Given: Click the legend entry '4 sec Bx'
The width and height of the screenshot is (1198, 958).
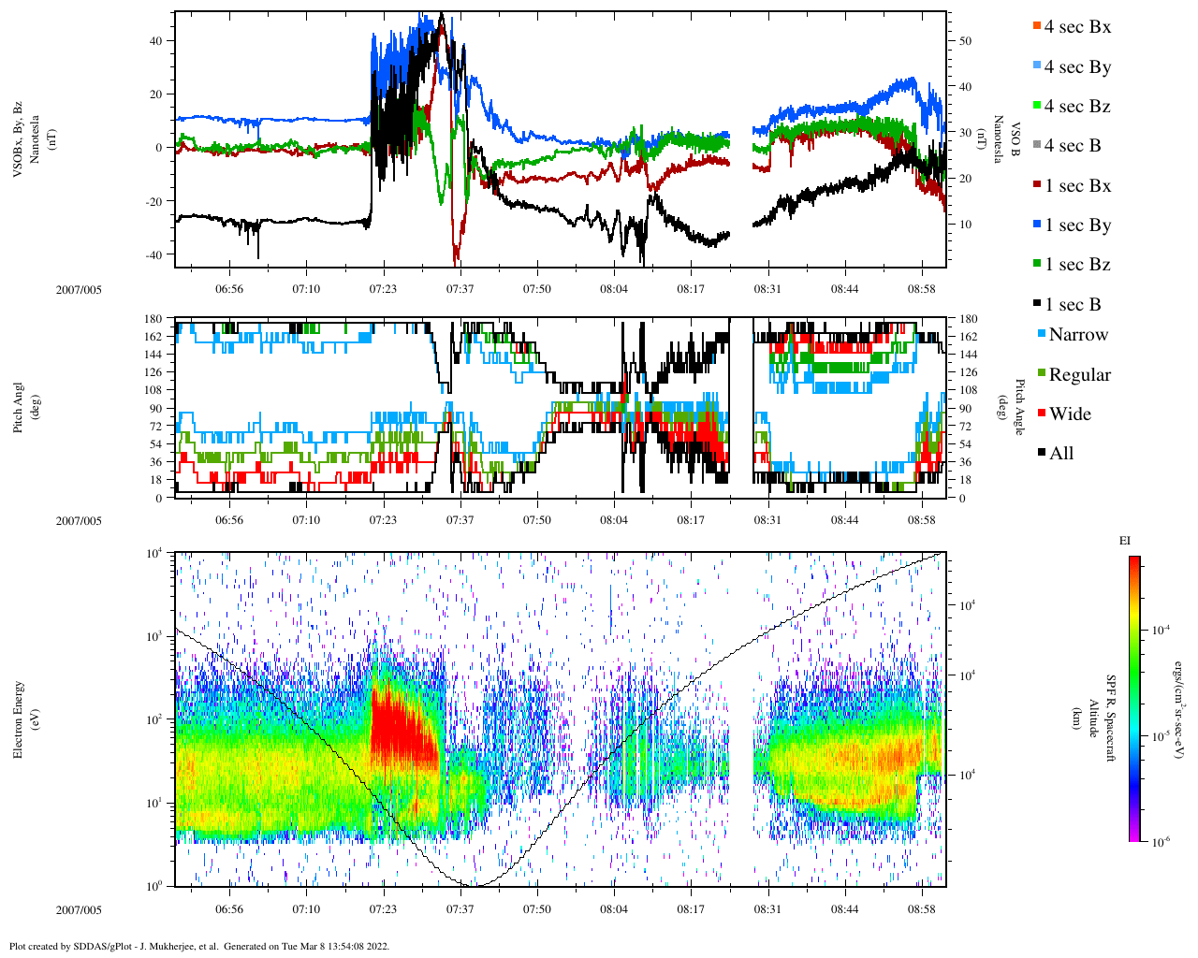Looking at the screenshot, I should (x=1077, y=27).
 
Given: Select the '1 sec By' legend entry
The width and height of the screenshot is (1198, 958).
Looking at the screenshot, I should (x=1077, y=225).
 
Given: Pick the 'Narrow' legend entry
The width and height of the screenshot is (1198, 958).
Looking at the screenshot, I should (x=1078, y=335).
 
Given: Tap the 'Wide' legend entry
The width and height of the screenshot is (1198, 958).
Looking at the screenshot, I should (x=1070, y=414).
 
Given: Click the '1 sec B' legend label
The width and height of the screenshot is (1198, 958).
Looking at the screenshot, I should (x=1073, y=305).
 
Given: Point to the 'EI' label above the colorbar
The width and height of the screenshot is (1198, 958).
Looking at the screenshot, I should (x=1125, y=541).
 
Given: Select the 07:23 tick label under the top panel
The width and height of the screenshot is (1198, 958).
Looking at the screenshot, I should (x=382, y=289).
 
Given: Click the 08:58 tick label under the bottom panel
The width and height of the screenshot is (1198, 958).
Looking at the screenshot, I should (x=922, y=909).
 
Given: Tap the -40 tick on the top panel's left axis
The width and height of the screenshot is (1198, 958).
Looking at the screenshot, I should (x=153, y=254).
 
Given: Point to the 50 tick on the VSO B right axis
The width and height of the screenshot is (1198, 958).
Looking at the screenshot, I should (x=964, y=41).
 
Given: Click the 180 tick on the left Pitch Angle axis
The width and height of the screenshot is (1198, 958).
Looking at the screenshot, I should (x=153, y=319).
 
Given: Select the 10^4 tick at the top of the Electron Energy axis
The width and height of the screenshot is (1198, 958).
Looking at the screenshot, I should (x=153, y=553).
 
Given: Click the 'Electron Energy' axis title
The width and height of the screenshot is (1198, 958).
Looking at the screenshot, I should (x=19, y=718).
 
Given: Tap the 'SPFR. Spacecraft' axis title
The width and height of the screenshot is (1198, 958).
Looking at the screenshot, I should (x=1111, y=718).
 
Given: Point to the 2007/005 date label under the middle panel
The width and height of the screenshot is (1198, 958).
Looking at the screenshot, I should (x=79, y=521).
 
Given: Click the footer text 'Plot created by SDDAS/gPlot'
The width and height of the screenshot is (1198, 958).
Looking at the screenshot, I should (x=112, y=946).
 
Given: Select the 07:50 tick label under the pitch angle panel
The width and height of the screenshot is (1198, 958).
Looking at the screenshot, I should (x=536, y=520).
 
